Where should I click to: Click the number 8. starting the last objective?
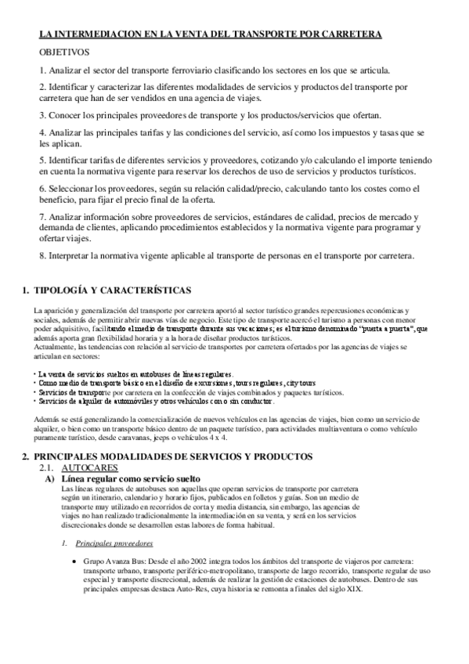pyautogui.click(x=42, y=255)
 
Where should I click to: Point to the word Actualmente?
pyautogui.click(x=56, y=347)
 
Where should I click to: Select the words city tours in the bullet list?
pyautogui.click(x=303, y=384)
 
